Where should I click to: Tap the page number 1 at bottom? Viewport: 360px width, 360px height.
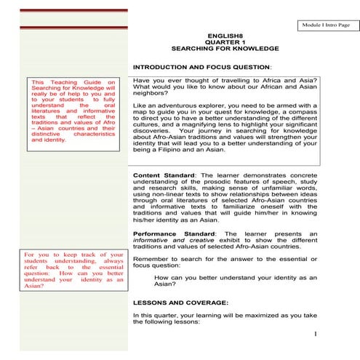pos(317,334)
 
